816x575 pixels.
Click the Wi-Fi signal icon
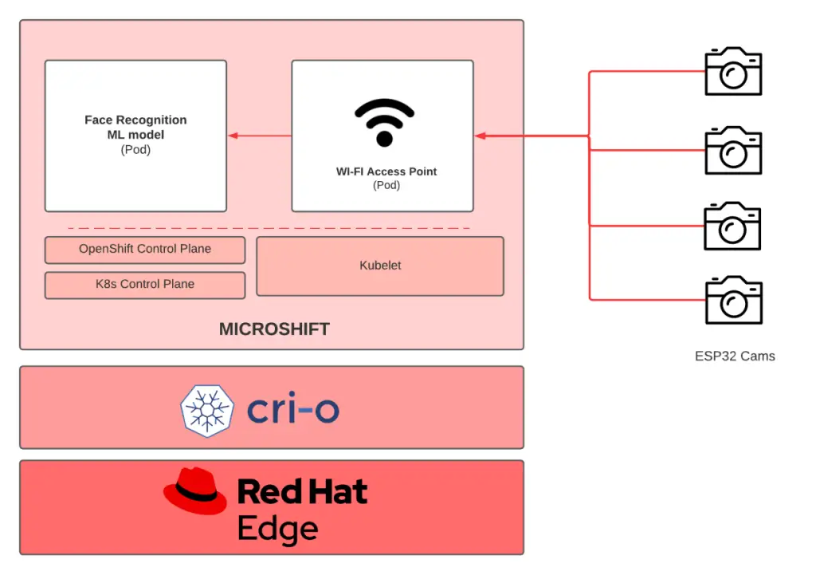pyautogui.click(x=384, y=122)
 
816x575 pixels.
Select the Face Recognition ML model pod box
pyautogui.click(x=135, y=135)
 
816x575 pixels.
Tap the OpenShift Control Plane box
pyautogui.click(x=145, y=250)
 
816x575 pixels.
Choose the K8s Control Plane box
pyautogui.click(x=145, y=285)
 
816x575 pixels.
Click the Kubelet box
pyautogui.click(x=380, y=266)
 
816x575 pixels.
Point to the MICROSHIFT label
pyautogui.click(x=274, y=329)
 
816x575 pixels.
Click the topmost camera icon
pyautogui.click(x=733, y=72)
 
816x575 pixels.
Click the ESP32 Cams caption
pyautogui.click(x=735, y=356)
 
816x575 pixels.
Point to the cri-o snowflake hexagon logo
pyautogui.click(x=207, y=410)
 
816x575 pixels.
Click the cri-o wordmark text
pyautogui.click(x=293, y=410)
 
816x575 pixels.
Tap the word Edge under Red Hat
pyautogui.click(x=277, y=528)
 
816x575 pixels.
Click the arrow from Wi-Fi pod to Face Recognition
pyautogui.click(x=260, y=136)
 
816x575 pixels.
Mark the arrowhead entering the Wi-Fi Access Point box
pyautogui.click(x=481, y=136)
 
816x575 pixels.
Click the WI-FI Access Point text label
pyautogui.click(x=386, y=171)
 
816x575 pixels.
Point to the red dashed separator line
pyautogui.click(x=269, y=229)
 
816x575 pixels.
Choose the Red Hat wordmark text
pyautogui.click(x=303, y=491)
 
